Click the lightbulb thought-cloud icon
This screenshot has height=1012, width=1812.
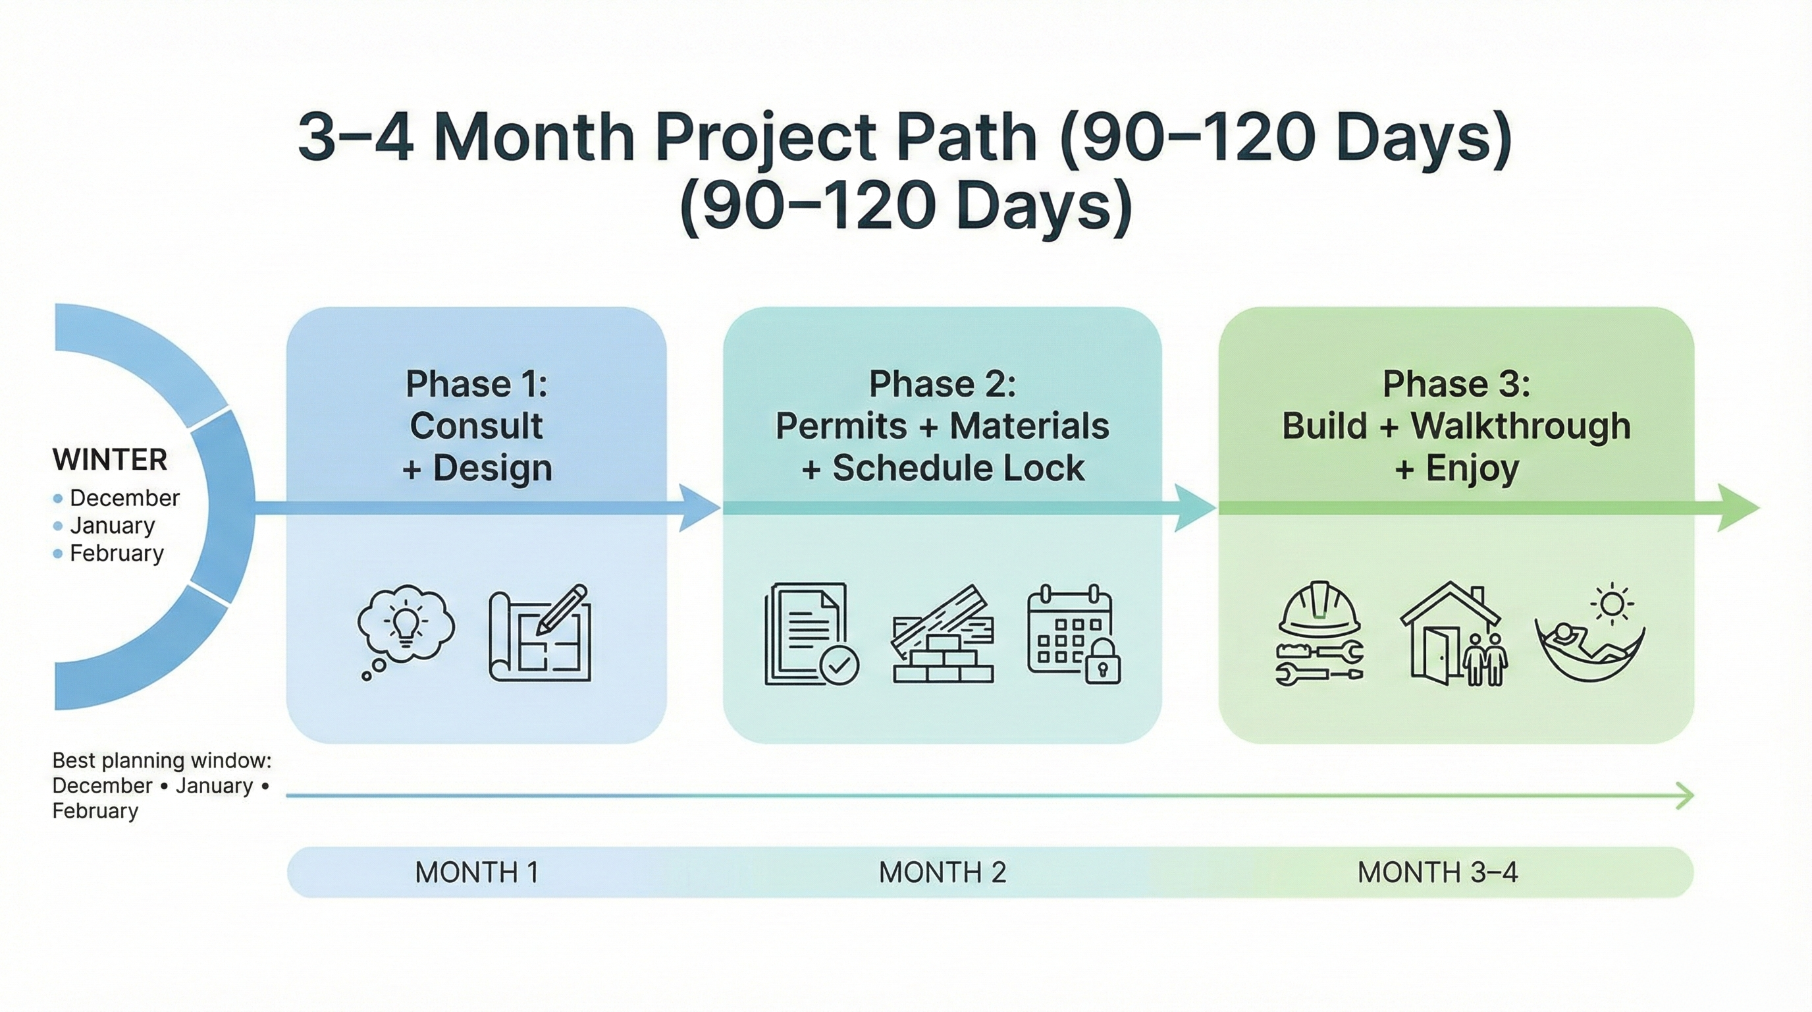pos(405,629)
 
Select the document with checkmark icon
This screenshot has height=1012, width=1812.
pos(811,633)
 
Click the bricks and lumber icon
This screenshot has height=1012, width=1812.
pos(943,636)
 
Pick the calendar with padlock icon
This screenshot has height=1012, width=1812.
pos(1073,633)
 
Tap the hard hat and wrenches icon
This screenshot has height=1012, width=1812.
pos(1319,633)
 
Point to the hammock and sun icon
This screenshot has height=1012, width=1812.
pos(1589,633)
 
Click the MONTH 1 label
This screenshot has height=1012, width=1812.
pos(476,873)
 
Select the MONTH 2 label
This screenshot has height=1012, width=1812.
pos(942,873)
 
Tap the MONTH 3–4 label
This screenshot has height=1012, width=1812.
pos(1437,873)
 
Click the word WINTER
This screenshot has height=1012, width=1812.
pos(110,460)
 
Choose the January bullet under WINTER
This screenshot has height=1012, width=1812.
pos(112,525)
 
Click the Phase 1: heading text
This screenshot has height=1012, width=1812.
pos(476,384)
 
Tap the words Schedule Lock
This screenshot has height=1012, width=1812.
pos(958,468)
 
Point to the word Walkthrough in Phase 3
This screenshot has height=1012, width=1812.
pos(1521,426)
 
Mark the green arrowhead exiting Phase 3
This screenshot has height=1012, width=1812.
pos(1738,507)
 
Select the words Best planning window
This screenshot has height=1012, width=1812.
pos(161,760)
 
